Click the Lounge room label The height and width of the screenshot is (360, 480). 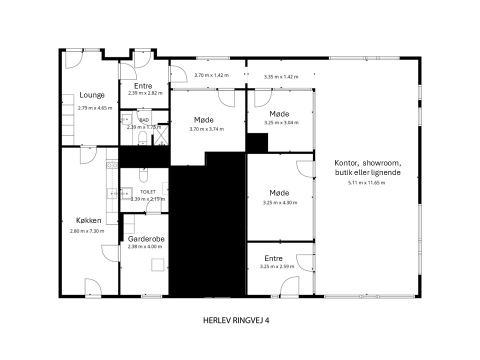pos(92,95)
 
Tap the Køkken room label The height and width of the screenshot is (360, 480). pos(88,220)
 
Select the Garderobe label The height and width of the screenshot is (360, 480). pos(146,239)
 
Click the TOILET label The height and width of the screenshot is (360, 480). pos(148,192)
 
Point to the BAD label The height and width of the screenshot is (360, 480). pos(144,120)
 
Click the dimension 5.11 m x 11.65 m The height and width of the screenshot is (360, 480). pos(366,183)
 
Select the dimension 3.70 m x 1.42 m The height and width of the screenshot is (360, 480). pos(211,75)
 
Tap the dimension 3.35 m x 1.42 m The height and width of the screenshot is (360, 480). pos(281,77)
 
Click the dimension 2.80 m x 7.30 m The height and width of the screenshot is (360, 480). pos(87,231)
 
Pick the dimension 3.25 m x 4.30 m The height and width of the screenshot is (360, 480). pos(280,202)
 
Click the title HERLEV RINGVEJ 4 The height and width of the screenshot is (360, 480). pos(236,320)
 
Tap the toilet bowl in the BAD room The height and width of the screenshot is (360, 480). pos(143,138)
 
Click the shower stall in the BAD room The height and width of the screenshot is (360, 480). pos(160,134)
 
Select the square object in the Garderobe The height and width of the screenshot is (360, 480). pos(157,265)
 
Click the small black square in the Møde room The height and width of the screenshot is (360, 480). pos(257,142)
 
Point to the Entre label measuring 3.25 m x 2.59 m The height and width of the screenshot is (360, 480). pos(273,258)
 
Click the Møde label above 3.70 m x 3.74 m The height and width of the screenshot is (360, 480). pos(204,120)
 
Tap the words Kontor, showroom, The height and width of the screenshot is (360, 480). pos(367,163)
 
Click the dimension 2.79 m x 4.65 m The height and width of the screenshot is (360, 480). pos(95,108)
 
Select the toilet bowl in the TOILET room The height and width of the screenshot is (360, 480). pos(143,174)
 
